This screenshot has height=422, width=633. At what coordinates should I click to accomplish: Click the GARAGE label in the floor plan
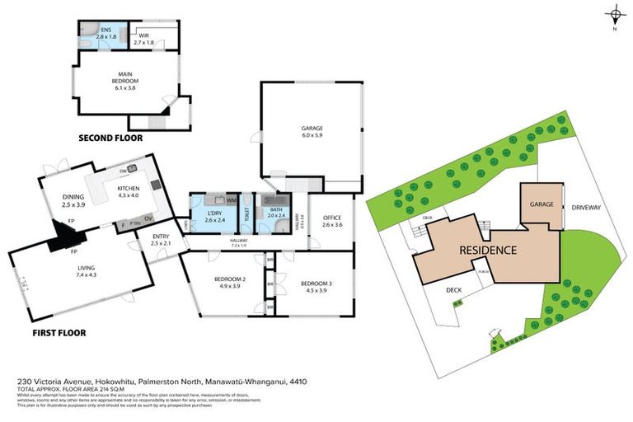pos(311,128)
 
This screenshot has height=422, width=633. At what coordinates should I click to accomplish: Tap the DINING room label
pos(74,197)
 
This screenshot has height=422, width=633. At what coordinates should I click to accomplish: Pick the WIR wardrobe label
pos(143,36)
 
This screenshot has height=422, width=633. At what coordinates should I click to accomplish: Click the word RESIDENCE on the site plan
pos(488,250)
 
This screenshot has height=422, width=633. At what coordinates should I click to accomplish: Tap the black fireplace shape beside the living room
pos(61,241)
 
